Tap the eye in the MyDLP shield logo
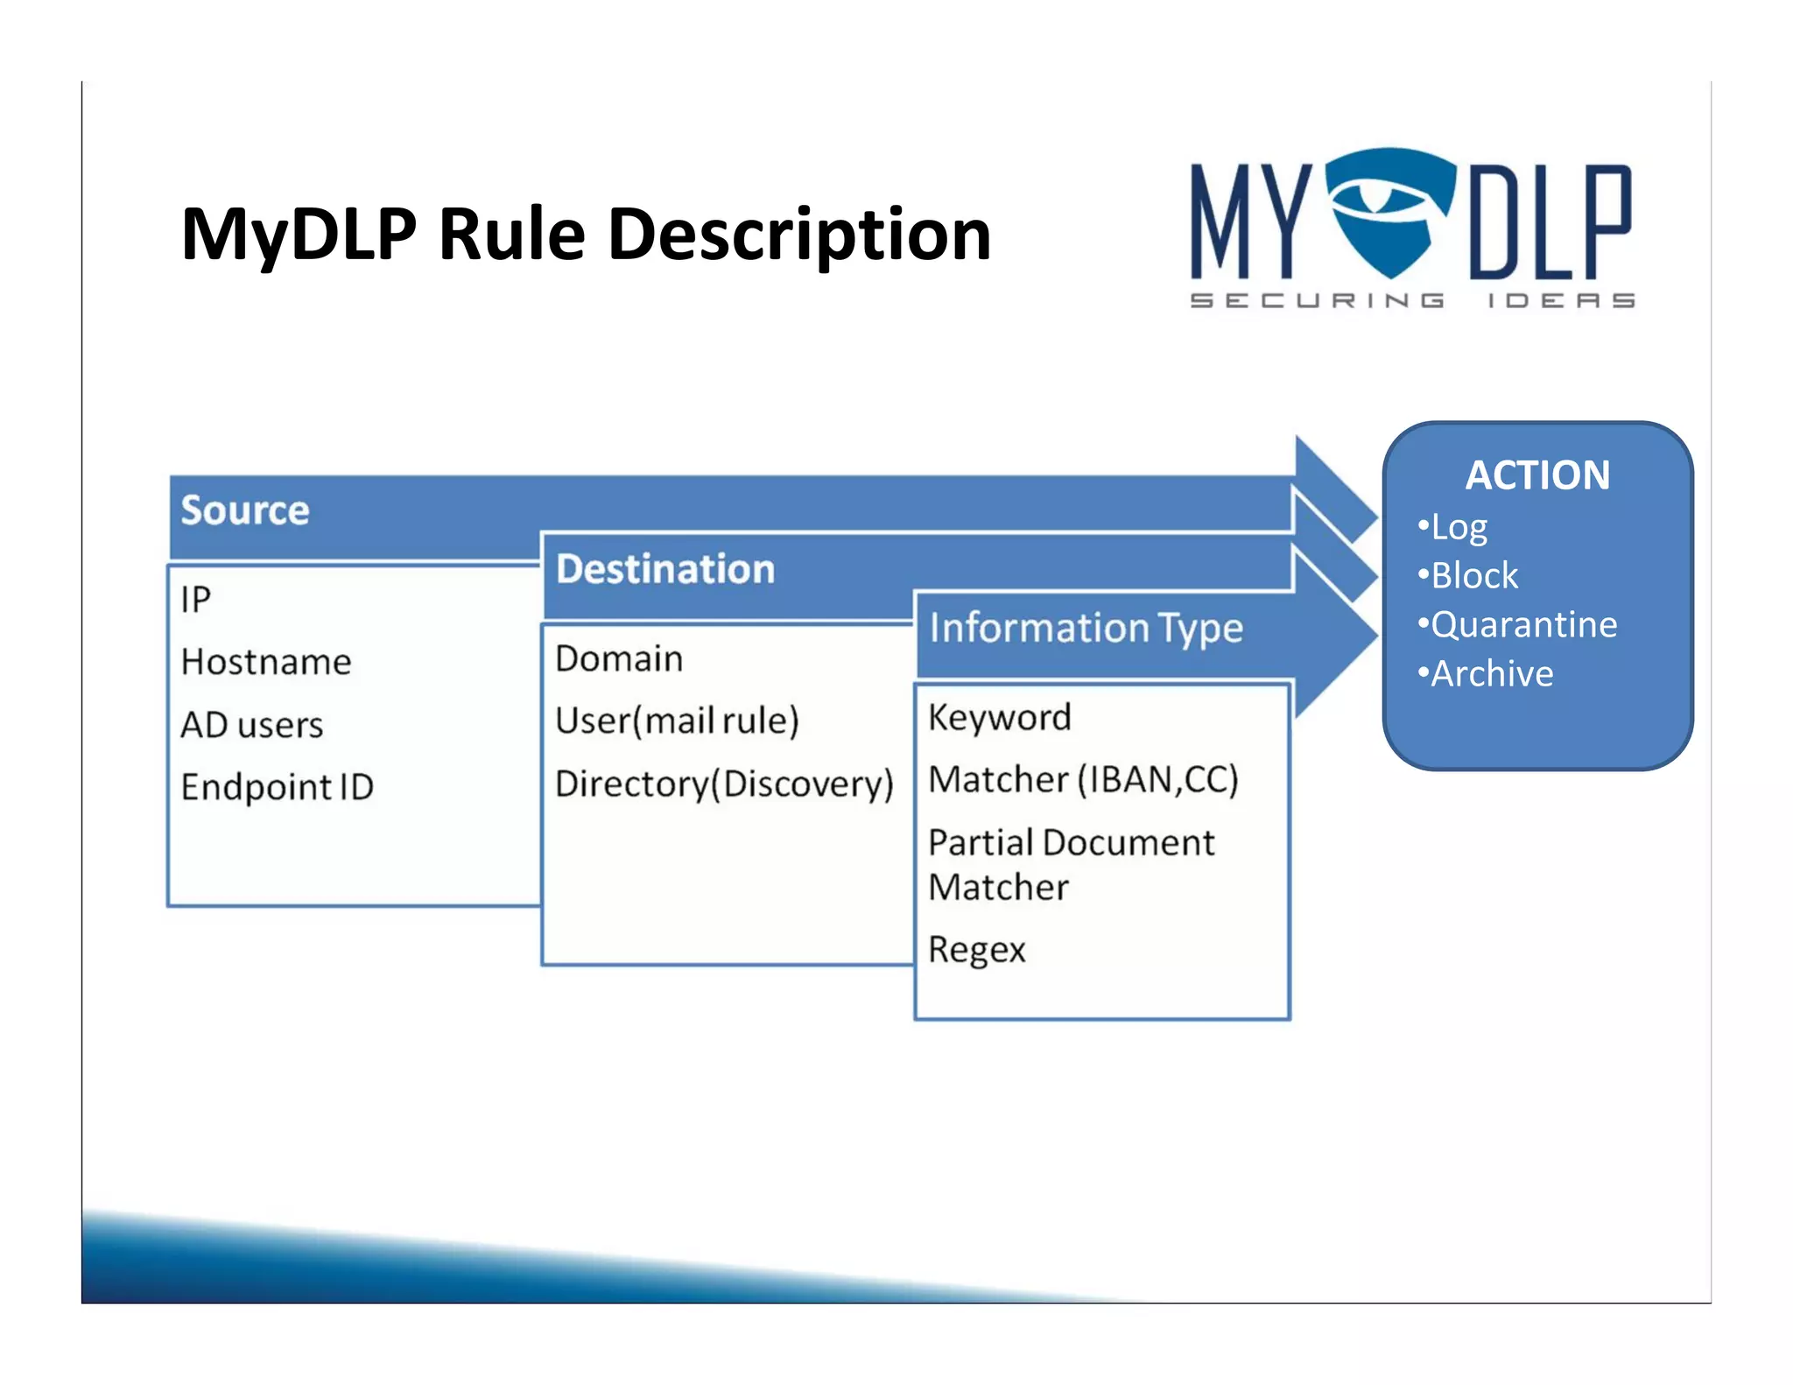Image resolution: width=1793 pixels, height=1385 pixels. (1377, 197)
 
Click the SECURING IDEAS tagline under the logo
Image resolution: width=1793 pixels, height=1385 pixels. (1411, 300)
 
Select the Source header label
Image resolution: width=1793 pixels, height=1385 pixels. (245, 510)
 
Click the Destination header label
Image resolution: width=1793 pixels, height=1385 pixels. (665, 569)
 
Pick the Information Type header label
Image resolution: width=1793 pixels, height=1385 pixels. (1086, 628)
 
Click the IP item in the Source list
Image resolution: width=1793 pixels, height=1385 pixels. (196, 600)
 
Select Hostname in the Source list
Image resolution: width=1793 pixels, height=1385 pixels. (266, 662)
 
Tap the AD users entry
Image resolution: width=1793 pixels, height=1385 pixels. (252, 725)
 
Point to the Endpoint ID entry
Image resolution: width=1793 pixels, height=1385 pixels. (278, 787)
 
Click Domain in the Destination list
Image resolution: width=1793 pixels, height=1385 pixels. (619, 658)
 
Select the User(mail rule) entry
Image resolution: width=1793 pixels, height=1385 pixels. (677, 721)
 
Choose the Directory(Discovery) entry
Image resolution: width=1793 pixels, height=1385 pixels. (724, 784)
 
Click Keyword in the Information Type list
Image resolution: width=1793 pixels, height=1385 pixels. (999, 717)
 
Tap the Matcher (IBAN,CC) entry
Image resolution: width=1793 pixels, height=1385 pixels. (1083, 779)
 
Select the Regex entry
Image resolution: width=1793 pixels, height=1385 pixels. (976, 950)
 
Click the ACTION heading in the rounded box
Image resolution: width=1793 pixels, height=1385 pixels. (1537, 475)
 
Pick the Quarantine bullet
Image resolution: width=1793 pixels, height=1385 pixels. (1522, 624)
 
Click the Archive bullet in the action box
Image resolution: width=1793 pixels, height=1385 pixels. (1491, 673)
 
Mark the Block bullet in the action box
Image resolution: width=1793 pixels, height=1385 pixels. (1473, 575)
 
